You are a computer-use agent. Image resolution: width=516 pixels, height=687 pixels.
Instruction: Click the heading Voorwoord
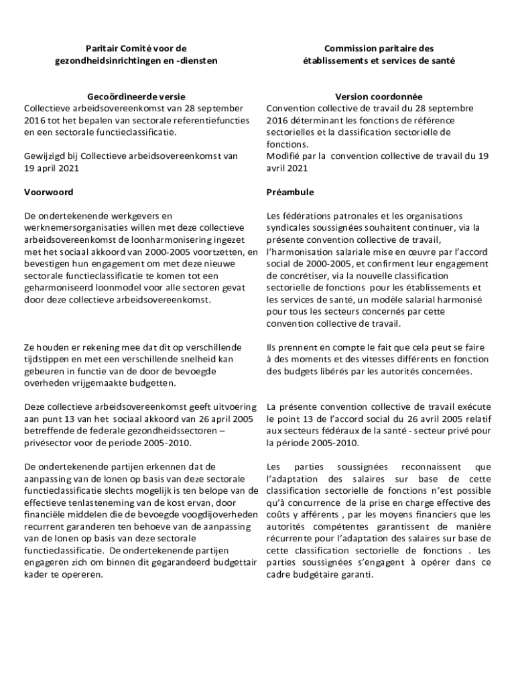[x=49, y=192]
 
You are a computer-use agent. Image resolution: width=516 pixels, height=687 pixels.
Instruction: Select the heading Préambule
[x=290, y=192]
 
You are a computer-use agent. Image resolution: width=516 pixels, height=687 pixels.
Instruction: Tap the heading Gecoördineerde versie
[x=136, y=97]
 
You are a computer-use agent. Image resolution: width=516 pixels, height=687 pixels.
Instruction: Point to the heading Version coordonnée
[x=379, y=97]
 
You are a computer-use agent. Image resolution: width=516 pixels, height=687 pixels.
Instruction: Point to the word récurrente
[x=291, y=539]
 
